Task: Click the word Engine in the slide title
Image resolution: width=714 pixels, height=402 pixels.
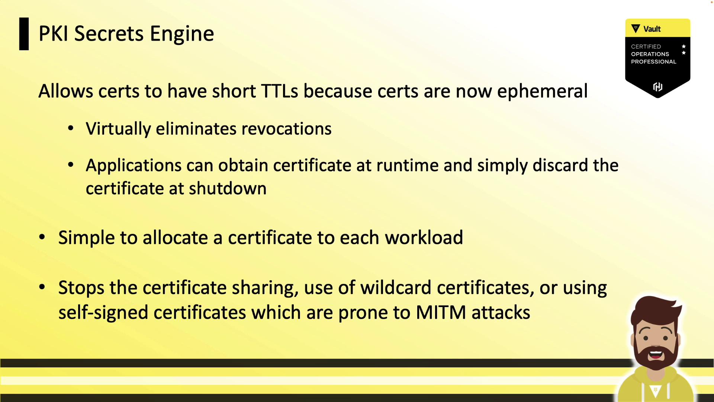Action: tap(182, 34)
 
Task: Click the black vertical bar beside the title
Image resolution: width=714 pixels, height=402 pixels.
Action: tap(24, 34)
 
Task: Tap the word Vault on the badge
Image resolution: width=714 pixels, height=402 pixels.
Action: tap(652, 29)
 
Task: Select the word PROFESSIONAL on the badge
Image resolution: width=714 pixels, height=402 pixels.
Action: tap(653, 62)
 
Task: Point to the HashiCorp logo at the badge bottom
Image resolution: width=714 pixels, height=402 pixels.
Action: tap(657, 87)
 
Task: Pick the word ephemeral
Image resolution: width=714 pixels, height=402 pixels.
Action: tap(542, 92)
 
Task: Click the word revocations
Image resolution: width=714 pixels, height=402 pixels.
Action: tap(286, 129)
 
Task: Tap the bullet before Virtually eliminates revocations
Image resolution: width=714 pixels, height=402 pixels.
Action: tap(71, 129)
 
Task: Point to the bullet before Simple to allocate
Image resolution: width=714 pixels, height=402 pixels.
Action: tap(42, 237)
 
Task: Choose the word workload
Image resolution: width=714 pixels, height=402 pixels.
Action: tap(424, 237)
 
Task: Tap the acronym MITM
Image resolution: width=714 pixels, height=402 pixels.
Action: tap(441, 312)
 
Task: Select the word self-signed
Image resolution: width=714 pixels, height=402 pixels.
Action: tap(103, 313)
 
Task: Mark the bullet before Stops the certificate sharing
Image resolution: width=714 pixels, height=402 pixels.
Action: tap(42, 287)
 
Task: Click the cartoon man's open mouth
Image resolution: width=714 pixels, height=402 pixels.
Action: tap(656, 354)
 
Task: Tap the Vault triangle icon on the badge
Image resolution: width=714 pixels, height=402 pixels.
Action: tap(636, 29)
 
